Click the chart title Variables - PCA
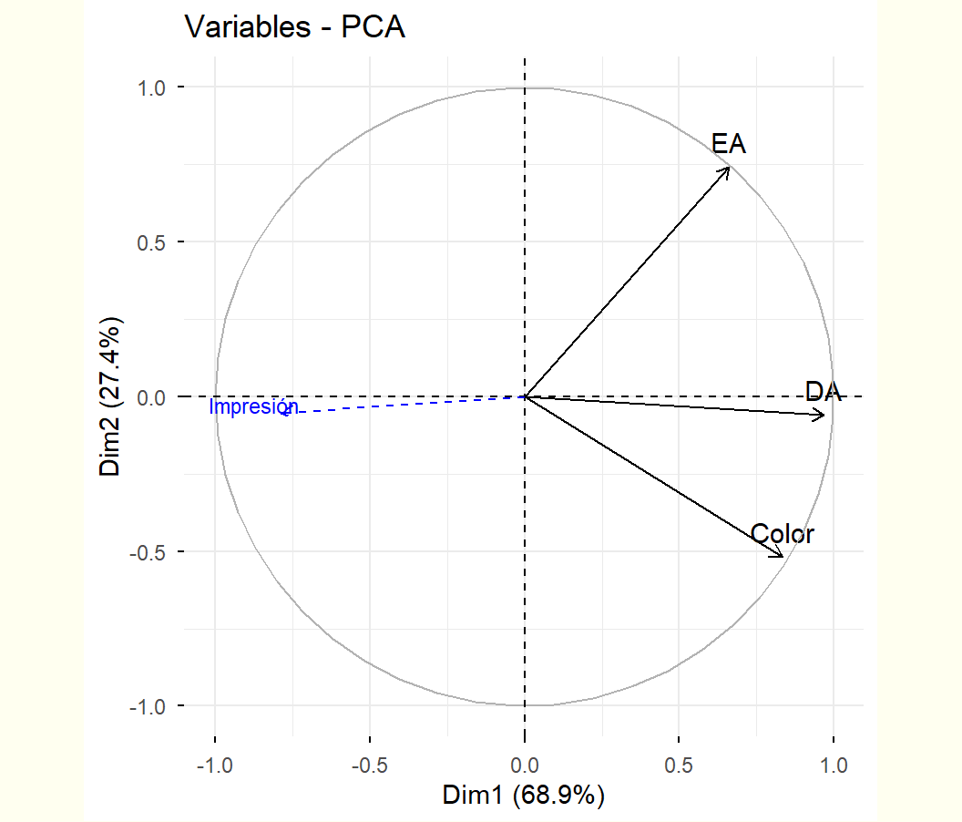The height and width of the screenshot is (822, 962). pos(294,27)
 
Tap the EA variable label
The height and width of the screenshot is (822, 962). pos(729,143)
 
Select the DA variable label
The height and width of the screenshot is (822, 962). pos(823,392)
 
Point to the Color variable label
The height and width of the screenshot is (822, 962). pos(783,534)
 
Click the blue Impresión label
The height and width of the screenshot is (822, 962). pos(253,406)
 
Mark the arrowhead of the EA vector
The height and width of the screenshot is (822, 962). pos(729,168)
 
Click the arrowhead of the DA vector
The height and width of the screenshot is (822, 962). pos(824,416)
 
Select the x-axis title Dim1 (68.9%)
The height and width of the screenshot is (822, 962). pos(524,796)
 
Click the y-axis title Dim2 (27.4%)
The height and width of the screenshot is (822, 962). pos(111,396)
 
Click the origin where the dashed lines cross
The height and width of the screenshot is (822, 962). pos(525,396)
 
